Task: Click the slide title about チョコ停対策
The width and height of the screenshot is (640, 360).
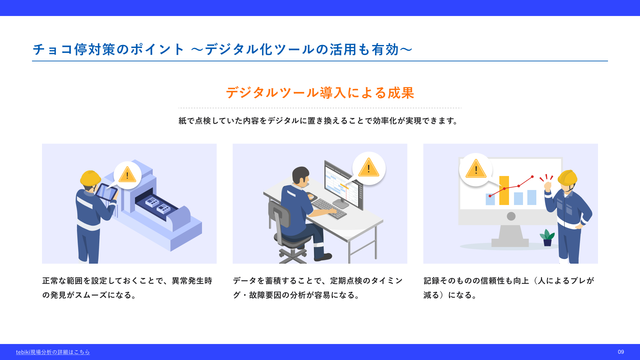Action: (223, 49)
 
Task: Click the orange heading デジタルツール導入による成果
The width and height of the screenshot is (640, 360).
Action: (320, 93)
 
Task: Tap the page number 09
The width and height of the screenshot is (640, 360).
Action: (621, 352)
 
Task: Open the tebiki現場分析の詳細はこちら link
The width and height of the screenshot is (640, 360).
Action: (53, 352)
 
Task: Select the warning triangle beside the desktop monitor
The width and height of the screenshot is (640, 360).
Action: (369, 167)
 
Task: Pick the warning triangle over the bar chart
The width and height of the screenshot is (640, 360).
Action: (476, 169)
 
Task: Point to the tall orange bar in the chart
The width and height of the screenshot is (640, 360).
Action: (504, 190)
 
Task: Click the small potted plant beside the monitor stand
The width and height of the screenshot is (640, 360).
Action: (547, 238)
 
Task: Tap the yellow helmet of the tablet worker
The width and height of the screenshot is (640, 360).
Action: (90, 178)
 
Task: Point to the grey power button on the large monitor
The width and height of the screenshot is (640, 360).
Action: (511, 216)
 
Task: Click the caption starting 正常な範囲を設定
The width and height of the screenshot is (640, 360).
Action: (127, 288)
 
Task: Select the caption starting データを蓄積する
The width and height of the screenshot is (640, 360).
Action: (318, 288)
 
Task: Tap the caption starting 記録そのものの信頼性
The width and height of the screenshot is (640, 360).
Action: (509, 288)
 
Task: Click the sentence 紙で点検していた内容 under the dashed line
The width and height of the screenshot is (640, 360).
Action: (319, 121)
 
